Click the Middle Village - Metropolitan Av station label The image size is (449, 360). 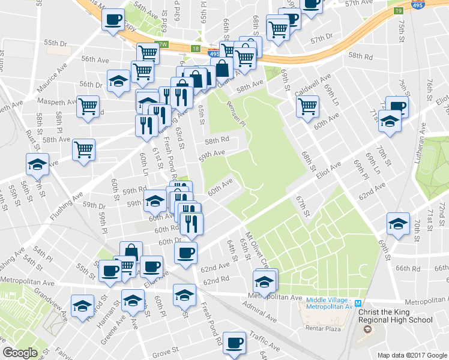click(x=328, y=304)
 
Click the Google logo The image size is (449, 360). click(x=20, y=353)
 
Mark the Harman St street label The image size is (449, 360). click(x=101, y=308)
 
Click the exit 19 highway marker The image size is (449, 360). click(x=398, y=11)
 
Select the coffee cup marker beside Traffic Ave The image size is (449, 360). click(x=234, y=343)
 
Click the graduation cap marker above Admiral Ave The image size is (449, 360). click(x=265, y=280)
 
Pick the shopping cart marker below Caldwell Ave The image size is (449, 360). click(x=307, y=106)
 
